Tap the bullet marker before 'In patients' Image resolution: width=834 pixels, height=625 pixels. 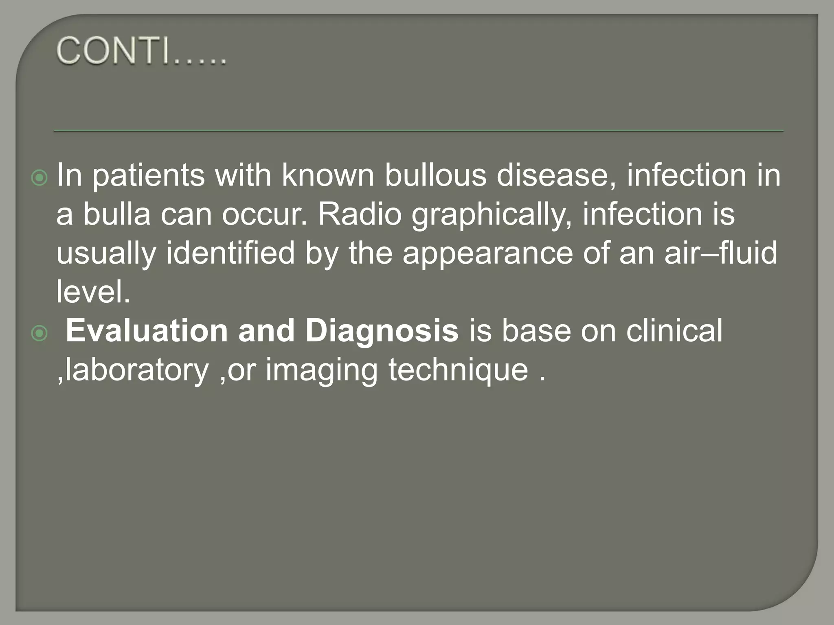click(x=40, y=178)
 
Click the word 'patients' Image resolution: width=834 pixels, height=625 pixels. click(x=148, y=176)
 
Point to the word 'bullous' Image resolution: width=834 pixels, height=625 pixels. click(x=435, y=176)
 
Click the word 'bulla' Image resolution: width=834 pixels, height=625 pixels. click(x=117, y=214)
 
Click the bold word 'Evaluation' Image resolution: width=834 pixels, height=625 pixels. click(x=147, y=331)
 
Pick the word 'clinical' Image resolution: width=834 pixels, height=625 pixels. click(x=674, y=331)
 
